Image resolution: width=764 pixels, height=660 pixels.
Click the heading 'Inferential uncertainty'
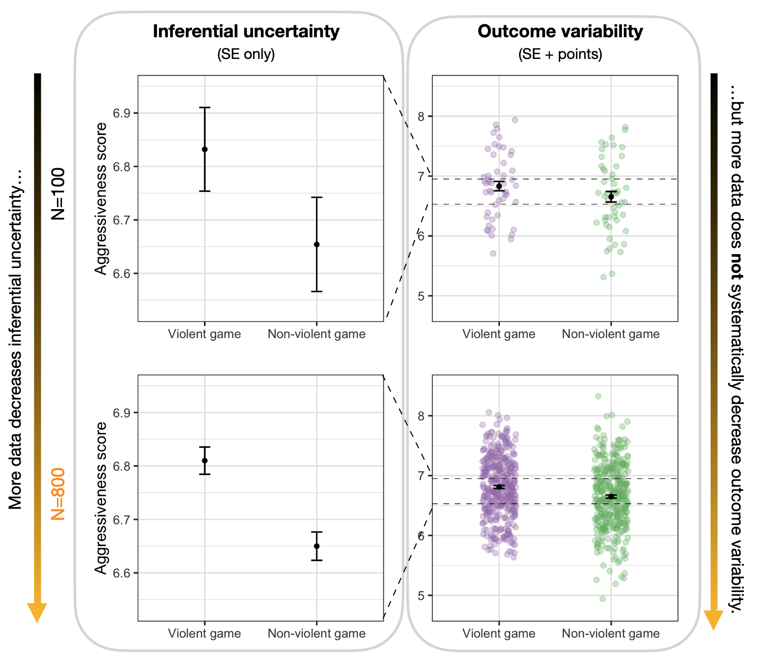point(246,31)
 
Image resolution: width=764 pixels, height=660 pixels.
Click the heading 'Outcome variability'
point(560,31)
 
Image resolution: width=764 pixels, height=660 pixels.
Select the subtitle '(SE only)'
point(246,54)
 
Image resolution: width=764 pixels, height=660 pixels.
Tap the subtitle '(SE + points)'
point(560,54)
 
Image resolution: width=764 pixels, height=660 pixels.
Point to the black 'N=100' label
point(58,194)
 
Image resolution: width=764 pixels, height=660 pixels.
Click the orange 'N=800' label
point(58,494)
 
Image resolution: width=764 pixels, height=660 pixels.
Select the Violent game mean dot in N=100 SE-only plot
point(205,149)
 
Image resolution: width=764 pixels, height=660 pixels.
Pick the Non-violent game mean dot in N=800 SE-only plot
point(316,546)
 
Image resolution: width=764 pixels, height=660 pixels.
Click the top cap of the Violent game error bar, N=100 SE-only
point(205,107)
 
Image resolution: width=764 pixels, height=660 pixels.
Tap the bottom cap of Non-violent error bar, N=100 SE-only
point(316,291)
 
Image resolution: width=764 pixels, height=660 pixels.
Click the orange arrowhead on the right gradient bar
point(713,619)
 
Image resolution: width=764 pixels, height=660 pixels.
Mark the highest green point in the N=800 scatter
point(598,397)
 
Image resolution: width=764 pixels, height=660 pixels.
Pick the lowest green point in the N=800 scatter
point(603,599)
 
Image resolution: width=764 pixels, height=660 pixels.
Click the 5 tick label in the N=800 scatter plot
point(422,596)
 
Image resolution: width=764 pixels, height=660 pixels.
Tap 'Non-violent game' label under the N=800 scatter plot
point(610,633)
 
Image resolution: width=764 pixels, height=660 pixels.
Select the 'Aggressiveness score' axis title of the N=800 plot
point(102,498)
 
